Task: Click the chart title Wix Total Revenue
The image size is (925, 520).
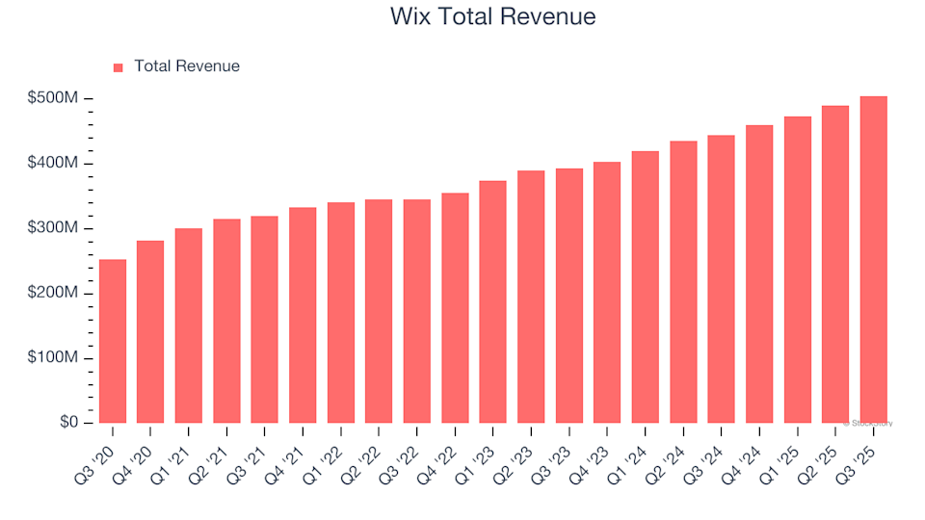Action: [x=492, y=16]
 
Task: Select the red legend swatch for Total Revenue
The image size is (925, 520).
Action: [x=119, y=67]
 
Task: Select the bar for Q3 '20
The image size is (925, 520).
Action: [x=113, y=342]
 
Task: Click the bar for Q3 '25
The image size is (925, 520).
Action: [x=873, y=260]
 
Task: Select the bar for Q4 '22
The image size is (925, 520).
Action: [x=455, y=308]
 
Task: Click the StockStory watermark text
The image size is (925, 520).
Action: [x=869, y=423]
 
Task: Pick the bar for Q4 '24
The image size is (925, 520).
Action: [x=759, y=274]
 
